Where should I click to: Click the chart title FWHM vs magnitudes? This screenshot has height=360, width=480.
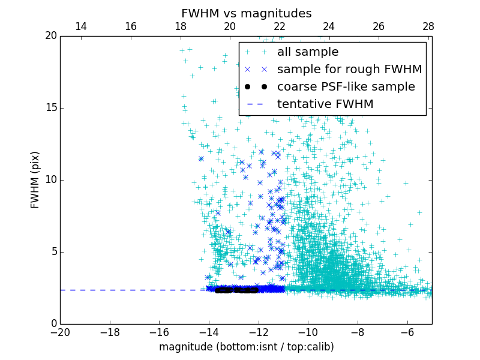(246, 13)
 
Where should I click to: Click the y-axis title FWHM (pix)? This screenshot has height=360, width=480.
(35, 179)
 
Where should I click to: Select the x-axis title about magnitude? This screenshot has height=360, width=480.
(246, 347)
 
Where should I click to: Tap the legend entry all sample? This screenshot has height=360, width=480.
(307, 52)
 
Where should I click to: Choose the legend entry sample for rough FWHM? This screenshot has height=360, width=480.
(349, 70)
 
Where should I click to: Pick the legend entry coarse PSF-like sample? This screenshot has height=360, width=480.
(346, 87)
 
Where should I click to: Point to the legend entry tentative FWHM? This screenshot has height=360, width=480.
(325, 104)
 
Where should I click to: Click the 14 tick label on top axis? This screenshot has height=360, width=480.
(81, 26)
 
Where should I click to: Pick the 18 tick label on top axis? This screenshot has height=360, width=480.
(180, 26)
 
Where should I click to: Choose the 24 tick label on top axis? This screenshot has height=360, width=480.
(329, 26)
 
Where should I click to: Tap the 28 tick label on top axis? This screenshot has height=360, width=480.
(428, 26)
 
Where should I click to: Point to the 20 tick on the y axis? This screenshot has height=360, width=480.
(50, 36)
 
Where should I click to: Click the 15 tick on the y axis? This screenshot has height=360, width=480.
(50, 108)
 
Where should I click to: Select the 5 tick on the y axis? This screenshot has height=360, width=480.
(53, 252)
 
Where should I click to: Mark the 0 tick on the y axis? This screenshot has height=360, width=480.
(53, 324)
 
